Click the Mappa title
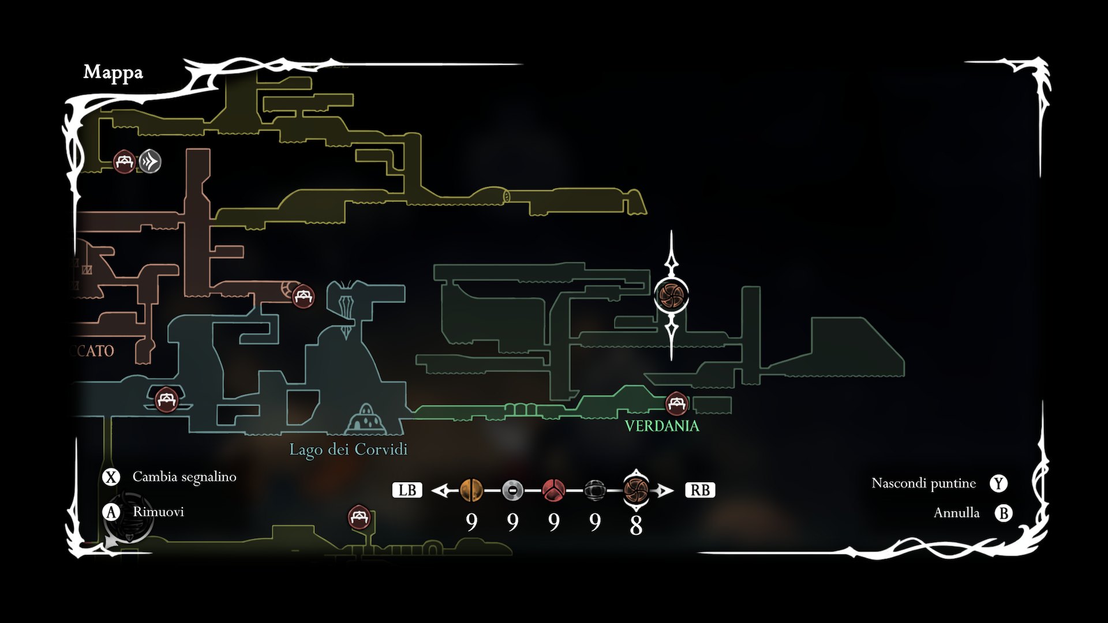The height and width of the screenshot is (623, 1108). point(113,73)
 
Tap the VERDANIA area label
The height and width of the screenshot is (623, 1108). point(662,426)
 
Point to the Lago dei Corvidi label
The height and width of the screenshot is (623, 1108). point(348,449)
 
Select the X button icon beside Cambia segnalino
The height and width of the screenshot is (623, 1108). point(111,477)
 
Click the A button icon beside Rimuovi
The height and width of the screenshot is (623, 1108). point(111,512)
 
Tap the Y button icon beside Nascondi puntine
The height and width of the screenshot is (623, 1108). point(998,483)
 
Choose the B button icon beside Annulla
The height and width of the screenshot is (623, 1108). point(1004,513)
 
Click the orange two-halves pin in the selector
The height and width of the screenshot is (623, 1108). point(471,490)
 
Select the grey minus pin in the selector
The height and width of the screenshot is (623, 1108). point(512,490)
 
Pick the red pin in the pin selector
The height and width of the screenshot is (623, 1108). point(553,490)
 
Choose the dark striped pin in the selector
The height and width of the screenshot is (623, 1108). point(594,490)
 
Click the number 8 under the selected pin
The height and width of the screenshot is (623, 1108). point(636,525)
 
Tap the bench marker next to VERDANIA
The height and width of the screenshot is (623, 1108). point(676,403)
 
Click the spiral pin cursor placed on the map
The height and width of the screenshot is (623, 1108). point(671,295)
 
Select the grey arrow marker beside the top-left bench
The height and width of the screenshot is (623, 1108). point(150,162)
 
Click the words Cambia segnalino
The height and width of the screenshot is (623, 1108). point(185,477)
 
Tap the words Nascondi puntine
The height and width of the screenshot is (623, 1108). point(923,483)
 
